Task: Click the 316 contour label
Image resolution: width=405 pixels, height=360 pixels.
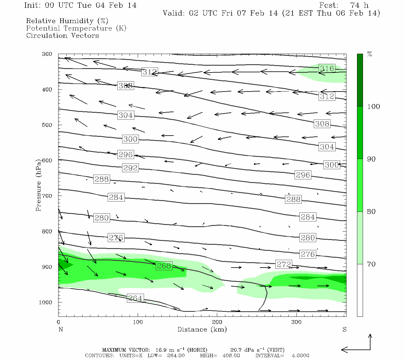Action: click(327, 69)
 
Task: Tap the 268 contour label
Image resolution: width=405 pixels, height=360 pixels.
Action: click(164, 266)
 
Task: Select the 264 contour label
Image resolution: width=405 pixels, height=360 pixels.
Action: click(135, 298)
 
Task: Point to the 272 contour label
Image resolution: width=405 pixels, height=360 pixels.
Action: click(283, 264)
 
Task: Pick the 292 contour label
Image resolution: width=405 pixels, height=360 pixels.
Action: click(130, 168)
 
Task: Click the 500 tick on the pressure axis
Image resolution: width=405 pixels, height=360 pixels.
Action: click(47, 125)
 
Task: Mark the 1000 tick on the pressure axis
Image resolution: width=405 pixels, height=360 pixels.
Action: click(46, 302)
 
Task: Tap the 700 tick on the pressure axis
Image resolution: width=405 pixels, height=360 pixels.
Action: click(47, 196)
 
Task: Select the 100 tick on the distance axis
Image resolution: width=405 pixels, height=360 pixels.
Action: click(138, 322)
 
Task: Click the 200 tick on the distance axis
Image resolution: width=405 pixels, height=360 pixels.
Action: click(217, 322)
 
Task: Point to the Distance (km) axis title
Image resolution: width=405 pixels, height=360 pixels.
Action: click(202, 329)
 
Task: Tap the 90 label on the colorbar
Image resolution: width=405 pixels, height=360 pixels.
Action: click(371, 159)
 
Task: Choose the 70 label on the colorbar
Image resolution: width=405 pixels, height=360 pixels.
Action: click(371, 264)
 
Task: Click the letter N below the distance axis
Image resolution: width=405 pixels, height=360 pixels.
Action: click(61, 329)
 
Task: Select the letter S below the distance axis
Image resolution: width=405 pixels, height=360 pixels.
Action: click(344, 329)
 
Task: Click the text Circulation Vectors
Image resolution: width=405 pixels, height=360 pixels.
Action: click(62, 35)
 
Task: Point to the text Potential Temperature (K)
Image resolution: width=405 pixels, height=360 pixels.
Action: click(76, 28)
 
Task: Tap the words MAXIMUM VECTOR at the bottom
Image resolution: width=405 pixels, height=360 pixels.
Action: click(126, 350)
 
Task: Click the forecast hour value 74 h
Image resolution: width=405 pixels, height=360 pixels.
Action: click(359, 5)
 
